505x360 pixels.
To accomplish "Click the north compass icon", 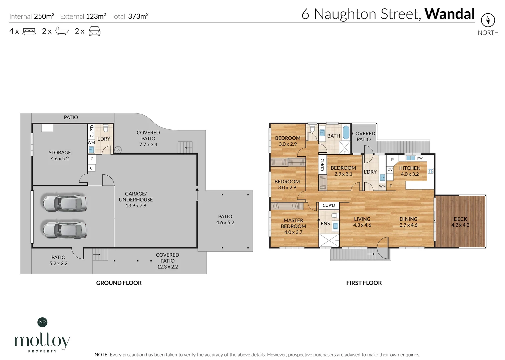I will point(488,20).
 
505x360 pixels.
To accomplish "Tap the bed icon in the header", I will point(29,31).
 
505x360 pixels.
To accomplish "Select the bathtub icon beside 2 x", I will point(62,31).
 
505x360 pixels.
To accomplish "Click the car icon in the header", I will point(94,31).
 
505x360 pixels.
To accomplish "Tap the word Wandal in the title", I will point(449,14).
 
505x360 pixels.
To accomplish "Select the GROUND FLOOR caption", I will point(119,283).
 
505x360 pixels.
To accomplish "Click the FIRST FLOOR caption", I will point(364,283).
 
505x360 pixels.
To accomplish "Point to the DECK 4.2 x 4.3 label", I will point(460,222).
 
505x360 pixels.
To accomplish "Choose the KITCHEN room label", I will point(410,168).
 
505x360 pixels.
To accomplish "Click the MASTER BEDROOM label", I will point(293,223).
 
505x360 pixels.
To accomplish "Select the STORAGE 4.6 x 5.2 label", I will point(60,155).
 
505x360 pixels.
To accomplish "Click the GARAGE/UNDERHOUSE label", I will point(136,199).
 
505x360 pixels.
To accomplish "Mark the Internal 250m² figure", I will point(44,16).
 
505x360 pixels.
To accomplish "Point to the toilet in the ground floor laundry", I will point(106,128).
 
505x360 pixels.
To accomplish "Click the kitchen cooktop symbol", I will point(431,171).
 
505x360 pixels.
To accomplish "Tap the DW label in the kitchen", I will point(420,158).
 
